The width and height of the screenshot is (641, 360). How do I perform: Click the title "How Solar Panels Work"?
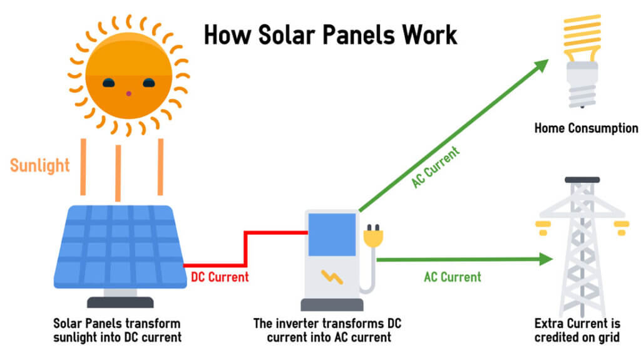(331, 35)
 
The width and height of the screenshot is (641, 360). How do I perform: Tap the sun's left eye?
(108, 83)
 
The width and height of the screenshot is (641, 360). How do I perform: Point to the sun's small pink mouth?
(128, 94)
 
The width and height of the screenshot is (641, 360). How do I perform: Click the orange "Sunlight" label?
(39, 165)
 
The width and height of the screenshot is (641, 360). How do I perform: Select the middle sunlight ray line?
(118, 173)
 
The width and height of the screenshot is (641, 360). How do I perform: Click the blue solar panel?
(120, 247)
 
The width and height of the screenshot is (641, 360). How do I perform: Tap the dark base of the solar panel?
(120, 302)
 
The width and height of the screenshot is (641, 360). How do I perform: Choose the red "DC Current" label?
(220, 277)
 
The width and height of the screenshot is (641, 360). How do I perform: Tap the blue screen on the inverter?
(332, 235)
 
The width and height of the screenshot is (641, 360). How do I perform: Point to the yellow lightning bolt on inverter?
(332, 277)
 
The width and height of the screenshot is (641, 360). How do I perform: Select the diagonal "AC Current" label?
(436, 167)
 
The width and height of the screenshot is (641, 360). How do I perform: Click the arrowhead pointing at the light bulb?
(541, 65)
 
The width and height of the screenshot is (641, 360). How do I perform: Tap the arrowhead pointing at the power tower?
(546, 259)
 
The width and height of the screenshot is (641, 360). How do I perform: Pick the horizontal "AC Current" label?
(453, 277)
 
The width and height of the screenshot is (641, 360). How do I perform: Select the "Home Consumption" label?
(586, 128)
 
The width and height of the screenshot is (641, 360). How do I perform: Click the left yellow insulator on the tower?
(543, 228)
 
